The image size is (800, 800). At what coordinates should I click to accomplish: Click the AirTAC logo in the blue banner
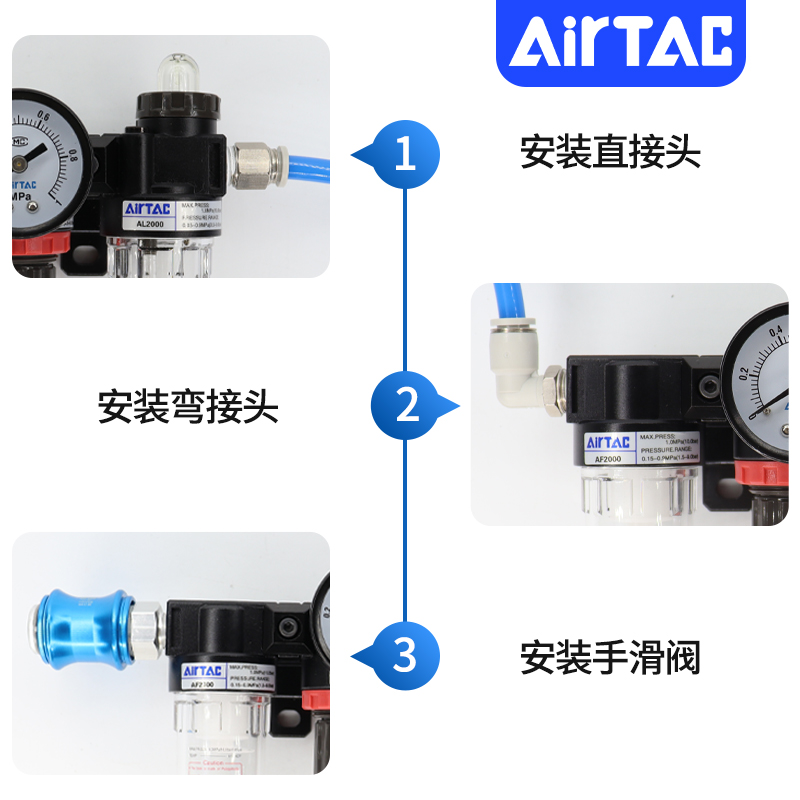[621, 42]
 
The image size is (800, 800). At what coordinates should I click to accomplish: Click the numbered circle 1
[405, 155]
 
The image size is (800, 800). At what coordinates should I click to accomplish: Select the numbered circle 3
[404, 657]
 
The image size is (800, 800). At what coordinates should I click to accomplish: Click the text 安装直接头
[610, 152]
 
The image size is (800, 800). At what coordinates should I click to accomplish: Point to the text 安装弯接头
[188, 407]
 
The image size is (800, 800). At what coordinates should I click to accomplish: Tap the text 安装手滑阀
[610, 658]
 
